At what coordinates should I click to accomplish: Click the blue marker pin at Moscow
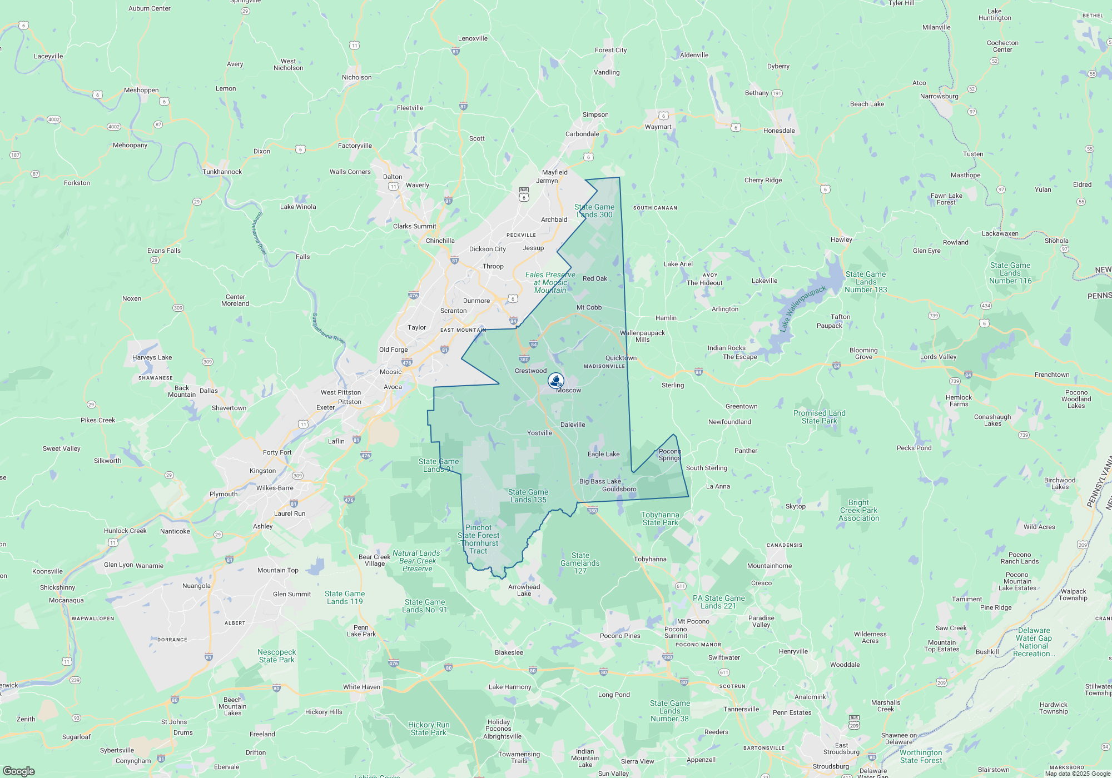point(556,381)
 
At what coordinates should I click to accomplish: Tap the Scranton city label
point(453,311)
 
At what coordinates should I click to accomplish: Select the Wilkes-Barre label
point(275,488)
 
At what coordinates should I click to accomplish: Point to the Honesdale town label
point(779,131)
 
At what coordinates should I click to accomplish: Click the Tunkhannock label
point(222,172)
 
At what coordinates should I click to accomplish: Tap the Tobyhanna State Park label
point(660,518)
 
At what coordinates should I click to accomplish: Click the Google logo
point(18,771)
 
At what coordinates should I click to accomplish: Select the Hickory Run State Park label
point(428,729)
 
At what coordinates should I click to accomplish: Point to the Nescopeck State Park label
point(277,656)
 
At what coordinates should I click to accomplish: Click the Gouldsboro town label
point(619,489)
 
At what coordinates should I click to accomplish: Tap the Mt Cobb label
point(589,307)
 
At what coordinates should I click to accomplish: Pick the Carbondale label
point(582,134)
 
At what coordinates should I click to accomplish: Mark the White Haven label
point(361,687)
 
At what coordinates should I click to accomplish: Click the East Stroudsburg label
point(841,749)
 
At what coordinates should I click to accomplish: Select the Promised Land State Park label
point(819,417)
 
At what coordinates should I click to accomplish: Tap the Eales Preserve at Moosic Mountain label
point(550,282)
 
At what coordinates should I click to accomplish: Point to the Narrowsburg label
point(939,96)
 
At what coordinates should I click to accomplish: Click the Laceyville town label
point(48,56)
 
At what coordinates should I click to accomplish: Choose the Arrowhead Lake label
point(524,590)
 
